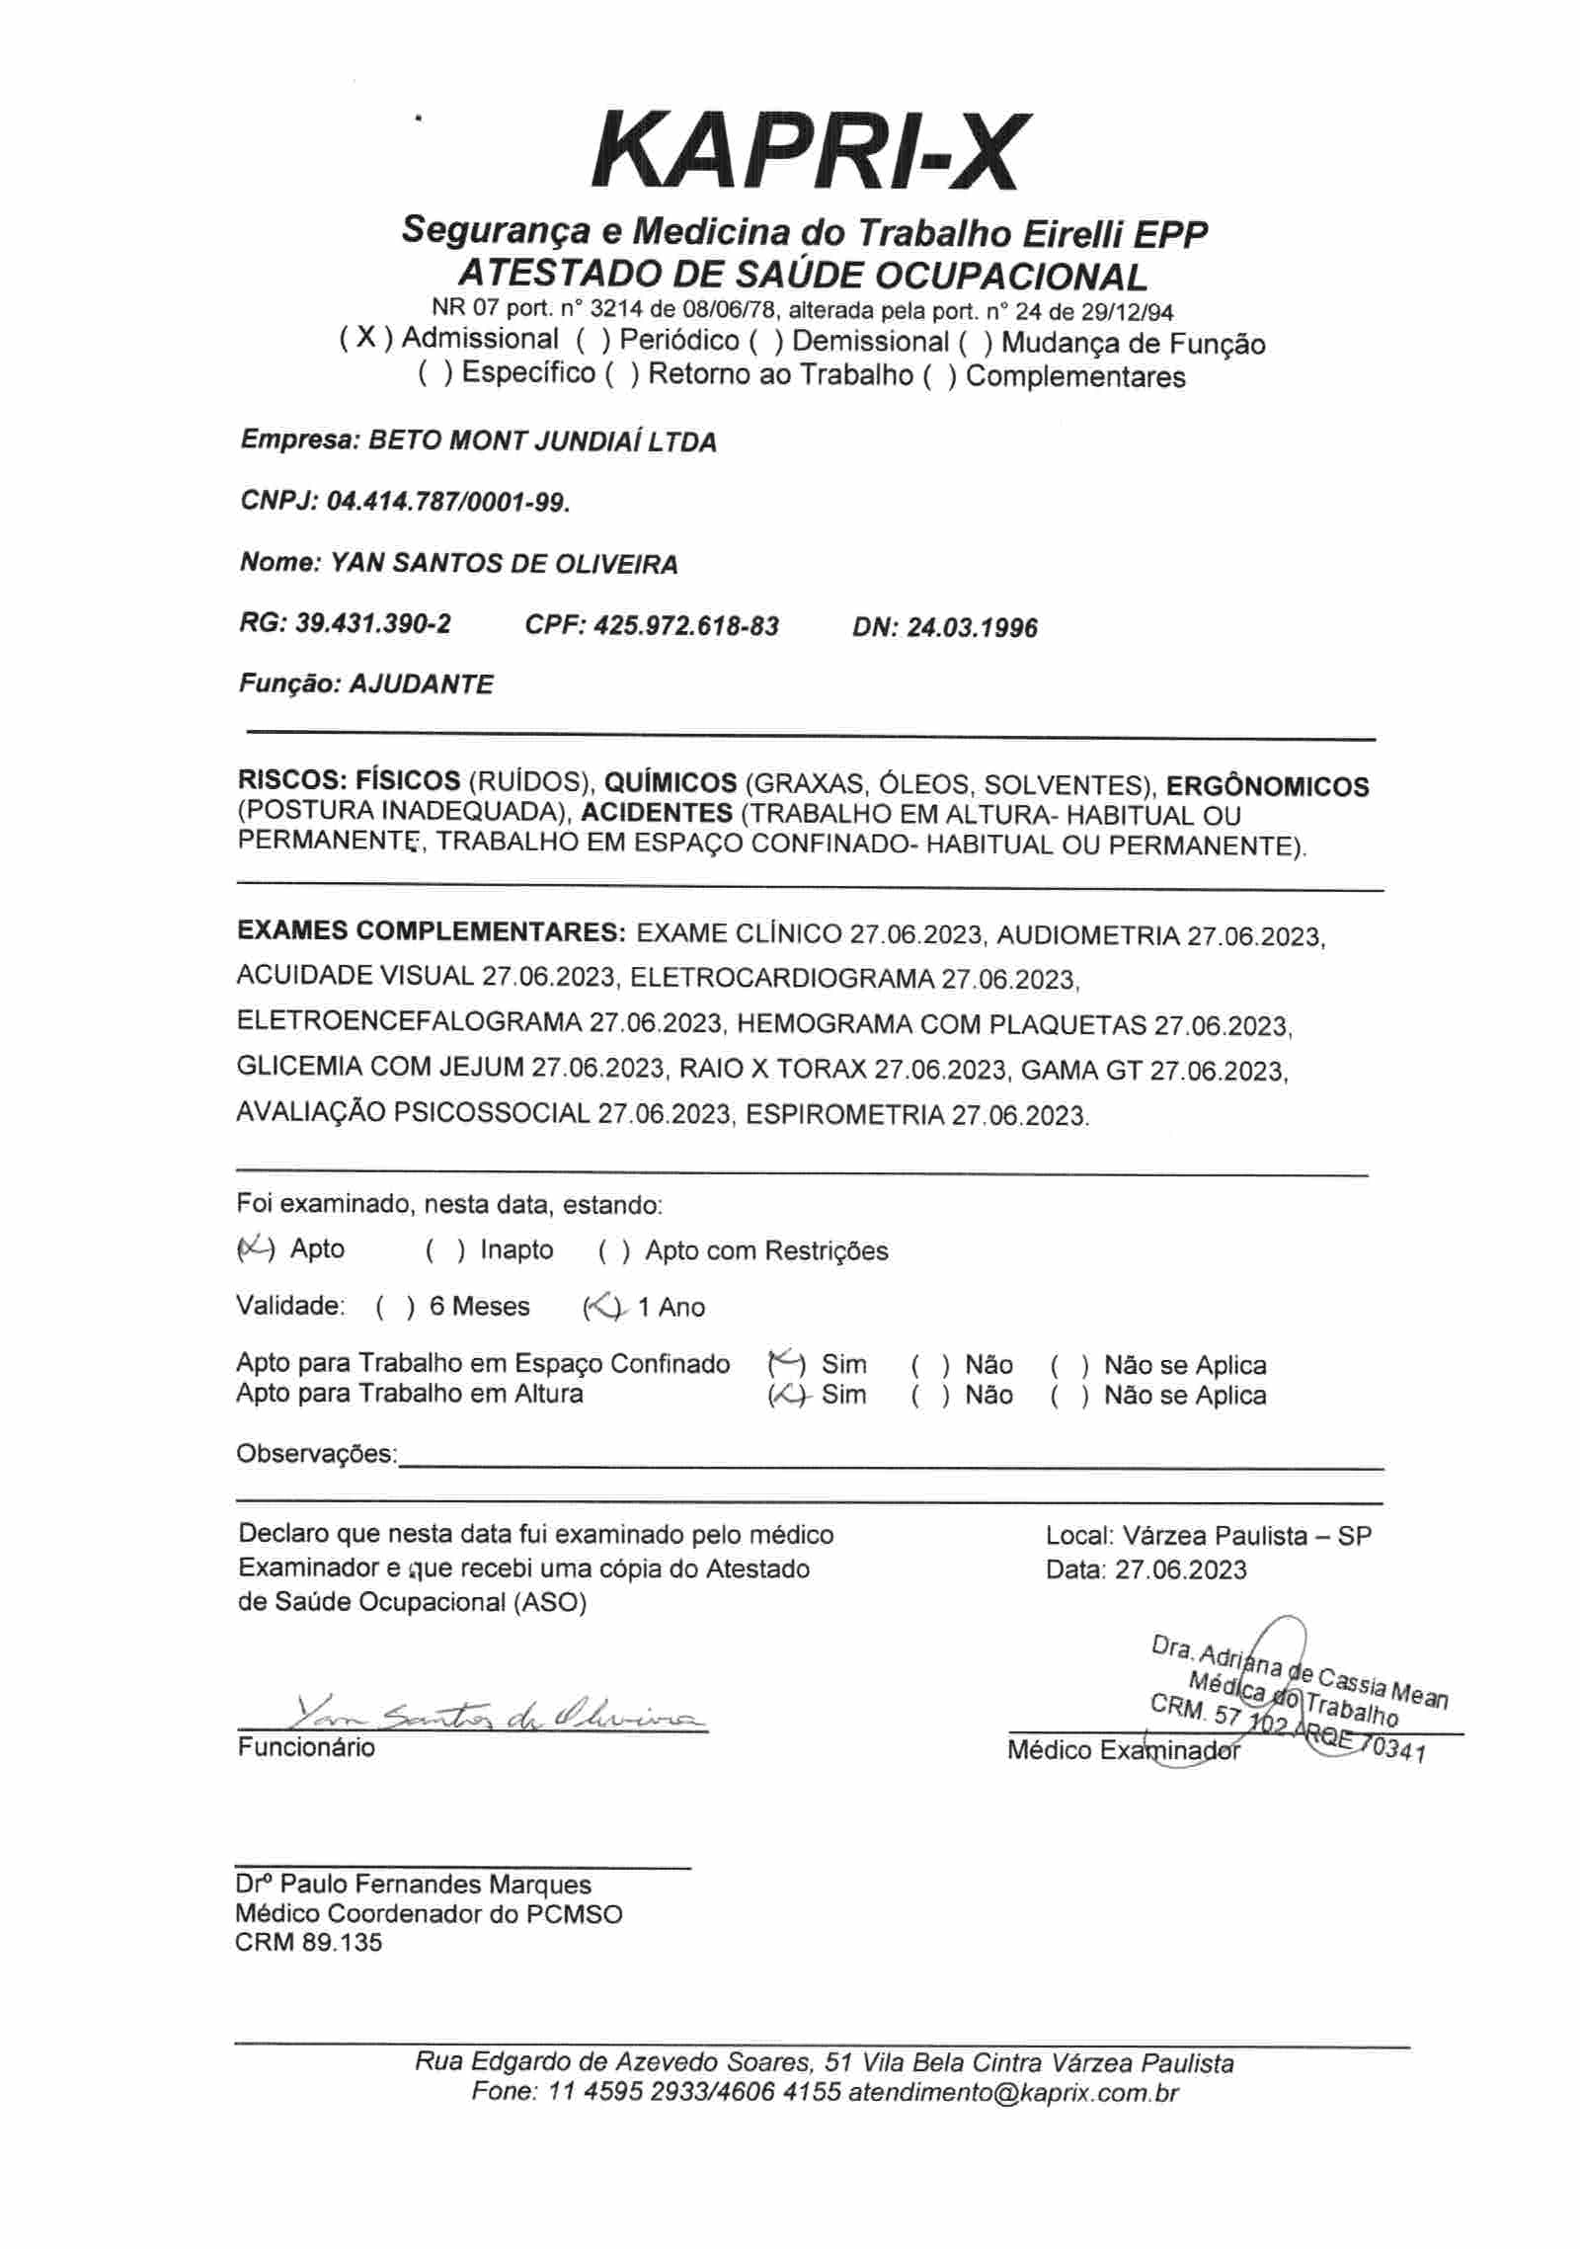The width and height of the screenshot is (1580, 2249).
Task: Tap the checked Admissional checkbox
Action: point(366,339)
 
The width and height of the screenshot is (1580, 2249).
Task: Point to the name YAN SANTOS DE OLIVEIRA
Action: point(504,565)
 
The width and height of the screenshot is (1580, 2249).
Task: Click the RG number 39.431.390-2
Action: point(372,624)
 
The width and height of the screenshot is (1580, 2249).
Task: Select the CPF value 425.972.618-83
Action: point(686,626)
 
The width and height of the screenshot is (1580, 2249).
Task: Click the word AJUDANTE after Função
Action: point(421,684)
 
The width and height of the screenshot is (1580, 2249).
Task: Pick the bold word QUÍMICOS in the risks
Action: point(670,783)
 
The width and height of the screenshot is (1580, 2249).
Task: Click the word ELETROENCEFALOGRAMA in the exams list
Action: point(409,1022)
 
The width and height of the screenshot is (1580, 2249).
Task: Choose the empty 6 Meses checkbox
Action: point(396,1308)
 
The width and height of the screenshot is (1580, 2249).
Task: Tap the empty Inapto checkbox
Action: point(446,1251)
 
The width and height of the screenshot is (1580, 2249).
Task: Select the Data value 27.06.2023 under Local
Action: point(1181,1570)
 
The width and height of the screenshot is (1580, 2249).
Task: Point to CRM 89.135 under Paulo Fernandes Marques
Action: point(308,1943)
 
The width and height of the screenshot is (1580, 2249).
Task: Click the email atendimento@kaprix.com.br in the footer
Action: point(1012,2093)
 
